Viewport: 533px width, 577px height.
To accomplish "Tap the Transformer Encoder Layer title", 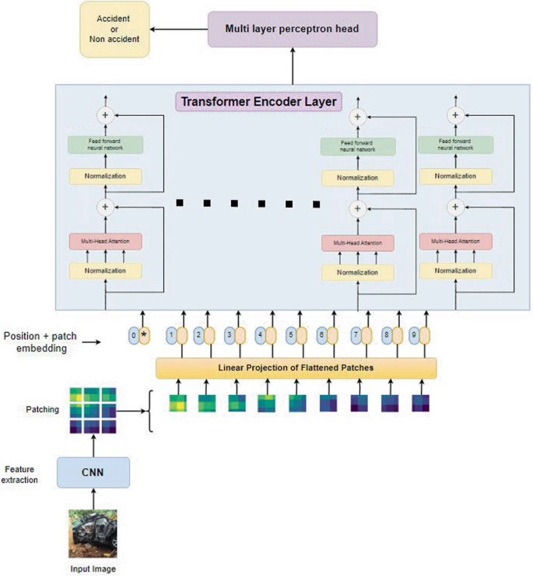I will point(258,101).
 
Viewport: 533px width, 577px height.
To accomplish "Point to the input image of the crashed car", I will point(93,533).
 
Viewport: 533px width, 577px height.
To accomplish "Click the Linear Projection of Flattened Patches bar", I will point(296,367).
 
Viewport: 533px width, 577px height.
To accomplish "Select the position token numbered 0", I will point(134,336).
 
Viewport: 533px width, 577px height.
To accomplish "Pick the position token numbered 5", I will point(290,336).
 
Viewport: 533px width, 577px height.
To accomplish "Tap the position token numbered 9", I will point(413,336).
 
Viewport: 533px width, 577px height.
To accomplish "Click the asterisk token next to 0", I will point(144,336).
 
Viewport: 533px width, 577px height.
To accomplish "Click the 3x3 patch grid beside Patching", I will point(93,410).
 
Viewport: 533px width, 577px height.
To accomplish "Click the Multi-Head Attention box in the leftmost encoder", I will point(105,243).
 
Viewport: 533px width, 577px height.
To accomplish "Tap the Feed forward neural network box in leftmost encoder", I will point(105,145).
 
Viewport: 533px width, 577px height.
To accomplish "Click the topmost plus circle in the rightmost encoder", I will point(455,114).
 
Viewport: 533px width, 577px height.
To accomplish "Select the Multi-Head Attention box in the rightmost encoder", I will point(455,243).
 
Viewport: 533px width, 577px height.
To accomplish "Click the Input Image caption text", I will point(93,569).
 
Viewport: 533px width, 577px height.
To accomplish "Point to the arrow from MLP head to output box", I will point(179,29).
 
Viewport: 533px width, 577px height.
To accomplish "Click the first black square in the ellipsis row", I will point(179,203).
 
